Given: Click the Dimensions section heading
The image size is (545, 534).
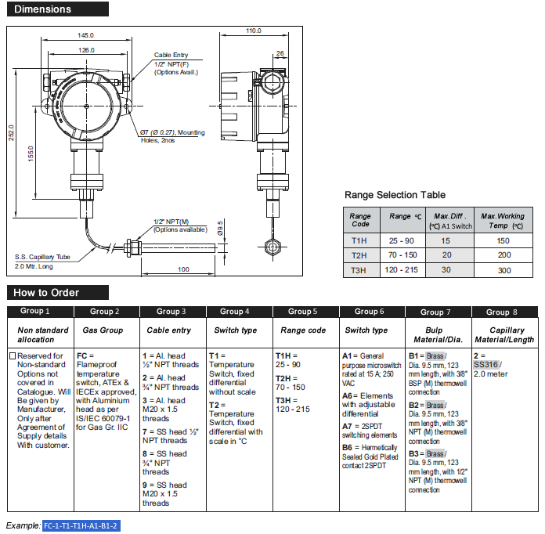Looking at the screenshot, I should pos(43,9).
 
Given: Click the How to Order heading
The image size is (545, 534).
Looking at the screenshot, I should pos(47,292).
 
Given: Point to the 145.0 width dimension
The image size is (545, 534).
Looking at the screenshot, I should pos(86,36).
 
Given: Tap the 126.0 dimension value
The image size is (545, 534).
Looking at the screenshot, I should pos(86,50).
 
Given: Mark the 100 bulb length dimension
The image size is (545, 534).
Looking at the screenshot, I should pos(183,269).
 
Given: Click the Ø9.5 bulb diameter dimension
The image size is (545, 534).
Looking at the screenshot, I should pos(221,229).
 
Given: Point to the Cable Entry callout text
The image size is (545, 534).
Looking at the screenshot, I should pos(171,55).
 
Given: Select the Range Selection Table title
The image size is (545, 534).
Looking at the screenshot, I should pos(395,195).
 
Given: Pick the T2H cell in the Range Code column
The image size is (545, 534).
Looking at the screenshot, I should pos(359,255).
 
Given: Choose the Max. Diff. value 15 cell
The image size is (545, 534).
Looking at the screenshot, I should pos(446,241).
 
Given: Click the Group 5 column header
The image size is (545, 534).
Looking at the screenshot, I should pos(303,312).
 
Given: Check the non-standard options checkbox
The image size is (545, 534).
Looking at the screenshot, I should pos(12,355).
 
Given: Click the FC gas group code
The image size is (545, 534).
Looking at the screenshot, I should pos(81,355).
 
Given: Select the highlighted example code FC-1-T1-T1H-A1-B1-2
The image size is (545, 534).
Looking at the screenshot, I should pos(81,525).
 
